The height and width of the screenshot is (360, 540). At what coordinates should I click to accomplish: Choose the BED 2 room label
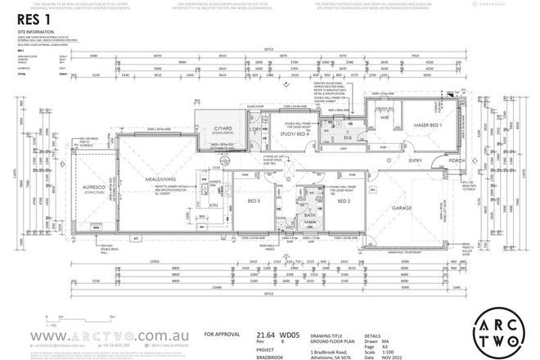[343, 200]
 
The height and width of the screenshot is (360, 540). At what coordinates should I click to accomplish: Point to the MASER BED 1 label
[425, 124]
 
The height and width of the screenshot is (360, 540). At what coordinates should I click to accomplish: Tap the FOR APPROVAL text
[223, 334]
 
